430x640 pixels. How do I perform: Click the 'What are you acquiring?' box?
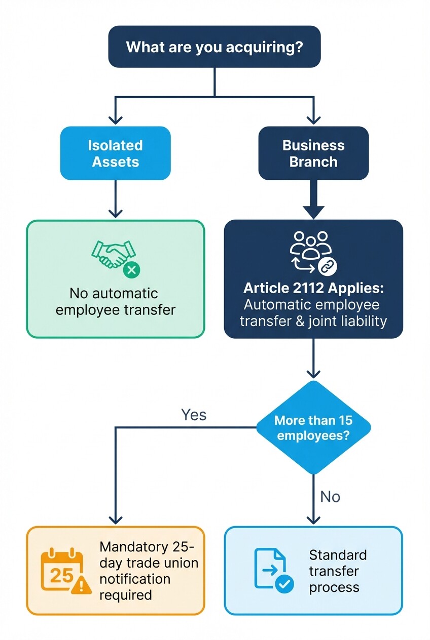(214, 47)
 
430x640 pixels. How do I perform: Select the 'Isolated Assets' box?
(116, 153)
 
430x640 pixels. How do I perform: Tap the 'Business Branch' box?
(313, 153)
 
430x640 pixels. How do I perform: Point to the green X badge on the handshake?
(132, 270)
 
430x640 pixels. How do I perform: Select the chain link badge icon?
(327, 265)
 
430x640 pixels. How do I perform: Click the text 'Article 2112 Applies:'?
(313, 288)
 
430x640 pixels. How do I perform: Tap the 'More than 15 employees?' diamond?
(313, 428)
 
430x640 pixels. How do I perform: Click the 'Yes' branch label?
(194, 415)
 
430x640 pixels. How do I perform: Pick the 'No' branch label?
(330, 497)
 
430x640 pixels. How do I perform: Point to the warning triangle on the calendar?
(81, 585)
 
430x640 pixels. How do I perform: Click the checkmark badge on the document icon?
(284, 584)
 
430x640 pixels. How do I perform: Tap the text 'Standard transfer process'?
(337, 571)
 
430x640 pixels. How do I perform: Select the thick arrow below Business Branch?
(313, 199)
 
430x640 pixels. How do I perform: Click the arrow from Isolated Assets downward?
(116, 199)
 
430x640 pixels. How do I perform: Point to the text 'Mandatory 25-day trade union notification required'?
(149, 571)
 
